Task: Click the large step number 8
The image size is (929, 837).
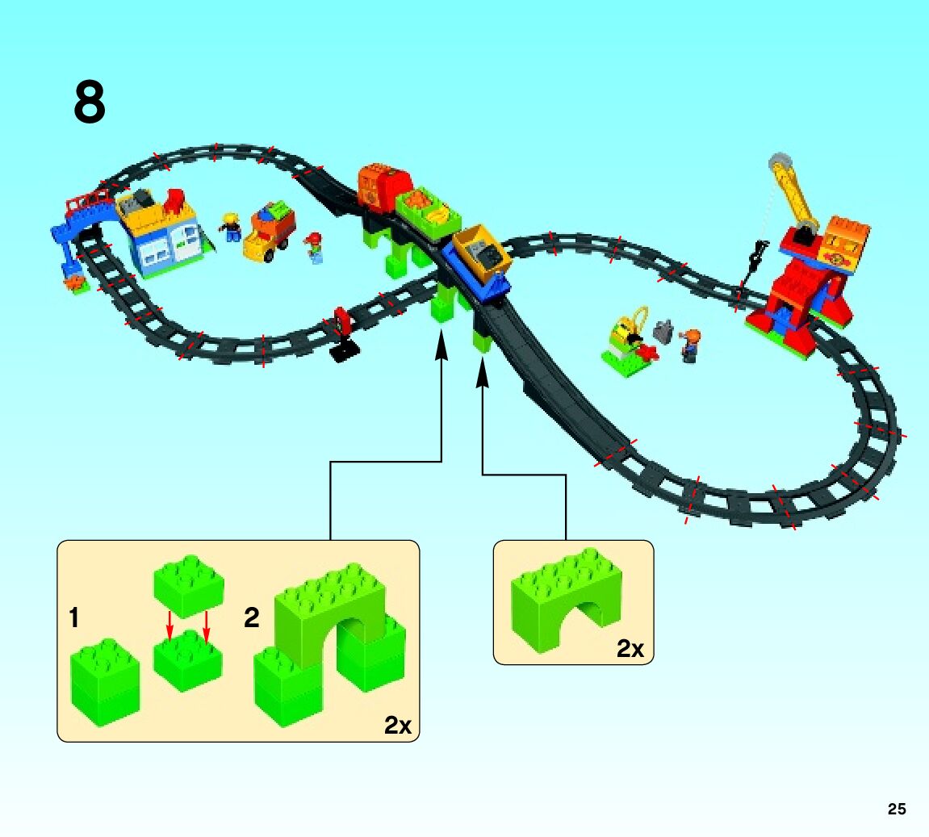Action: tap(90, 103)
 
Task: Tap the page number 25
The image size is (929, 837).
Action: tap(897, 810)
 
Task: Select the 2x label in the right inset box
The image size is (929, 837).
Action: tap(630, 648)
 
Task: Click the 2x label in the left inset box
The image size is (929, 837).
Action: tap(398, 726)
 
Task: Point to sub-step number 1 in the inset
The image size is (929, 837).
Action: tap(74, 619)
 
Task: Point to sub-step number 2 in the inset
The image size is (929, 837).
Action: tap(252, 619)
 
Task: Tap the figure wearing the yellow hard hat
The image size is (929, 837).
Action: tap(232, 227)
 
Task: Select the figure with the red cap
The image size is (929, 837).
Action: tap(314, 248)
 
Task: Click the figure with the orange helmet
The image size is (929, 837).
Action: tap(690, 345)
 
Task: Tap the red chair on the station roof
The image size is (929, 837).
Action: tap(174, 201)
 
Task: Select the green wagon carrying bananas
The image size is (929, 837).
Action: tap(429, 210)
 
